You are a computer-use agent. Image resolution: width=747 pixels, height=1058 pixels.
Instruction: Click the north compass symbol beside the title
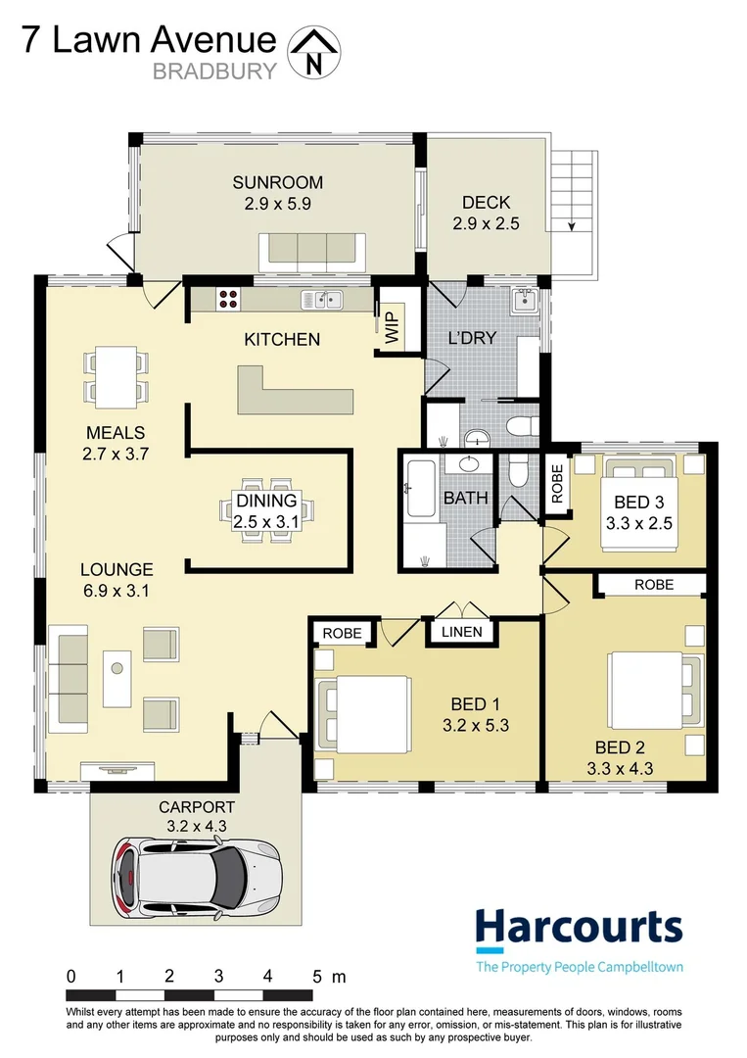point(313,52)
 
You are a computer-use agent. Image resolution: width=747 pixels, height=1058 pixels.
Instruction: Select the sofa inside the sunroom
point(311,253)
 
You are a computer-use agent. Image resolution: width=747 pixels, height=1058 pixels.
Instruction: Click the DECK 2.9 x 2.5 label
point(486,213)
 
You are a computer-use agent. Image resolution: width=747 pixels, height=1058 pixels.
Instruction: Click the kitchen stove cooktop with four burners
point(229,300)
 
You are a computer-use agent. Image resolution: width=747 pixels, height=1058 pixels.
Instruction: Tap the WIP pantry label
point(392,330)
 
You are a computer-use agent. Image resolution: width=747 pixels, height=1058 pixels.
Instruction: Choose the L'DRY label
point(472,338)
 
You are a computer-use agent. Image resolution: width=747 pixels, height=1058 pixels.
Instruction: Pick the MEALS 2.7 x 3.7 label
point(115,443)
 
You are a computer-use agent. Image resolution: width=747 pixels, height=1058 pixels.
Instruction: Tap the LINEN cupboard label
point(460,632)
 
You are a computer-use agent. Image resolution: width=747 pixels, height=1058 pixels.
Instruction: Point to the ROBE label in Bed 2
point(653,584)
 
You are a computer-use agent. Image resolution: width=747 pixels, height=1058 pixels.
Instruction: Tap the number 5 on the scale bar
point(316,976)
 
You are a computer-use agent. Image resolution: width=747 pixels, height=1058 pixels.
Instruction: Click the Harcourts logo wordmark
point(578,928)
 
